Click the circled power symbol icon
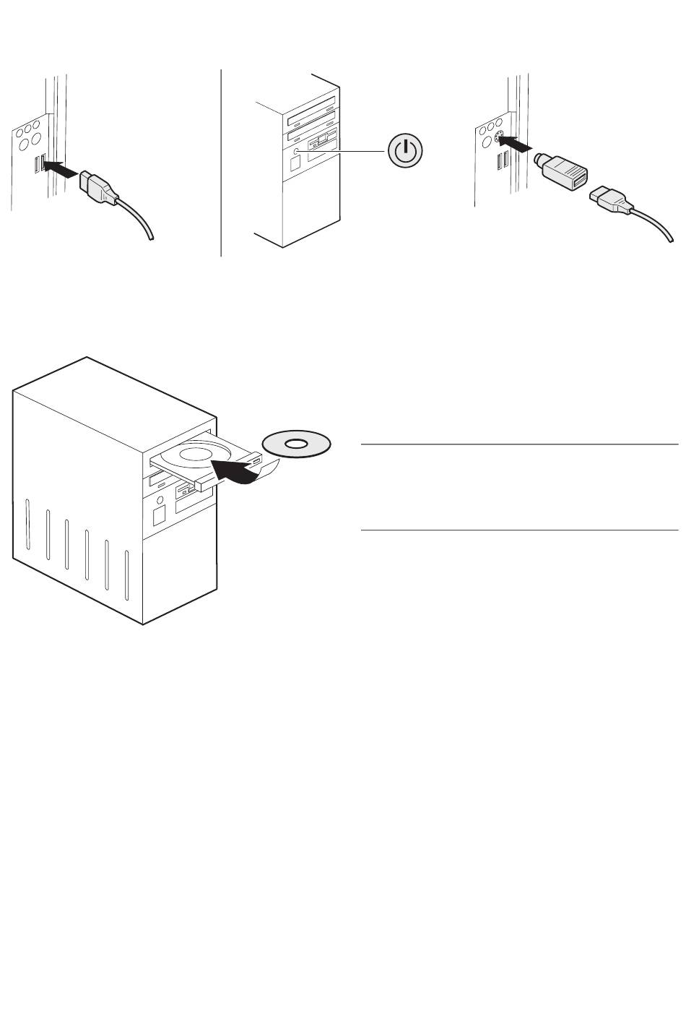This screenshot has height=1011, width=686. (x=407, y=151)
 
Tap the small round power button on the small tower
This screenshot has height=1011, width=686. (x=297, y=151)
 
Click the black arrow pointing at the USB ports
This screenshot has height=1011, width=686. (x=61, y=169)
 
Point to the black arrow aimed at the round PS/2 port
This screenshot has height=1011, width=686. (x=519, y=144)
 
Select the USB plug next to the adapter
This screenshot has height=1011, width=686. (x=610, y=200)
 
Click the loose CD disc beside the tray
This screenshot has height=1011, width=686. (x=296, y=442)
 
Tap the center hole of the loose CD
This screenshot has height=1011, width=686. (x=296, y=442)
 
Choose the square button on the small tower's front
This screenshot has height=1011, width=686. (x=295, y=163)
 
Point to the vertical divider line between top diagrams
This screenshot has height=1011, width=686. (x=220, y=163)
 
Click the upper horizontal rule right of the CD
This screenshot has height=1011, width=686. (x=519, y=444)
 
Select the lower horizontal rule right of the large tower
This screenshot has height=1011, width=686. (x=519, y=530)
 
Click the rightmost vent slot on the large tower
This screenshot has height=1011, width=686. (x=127, y=575)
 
